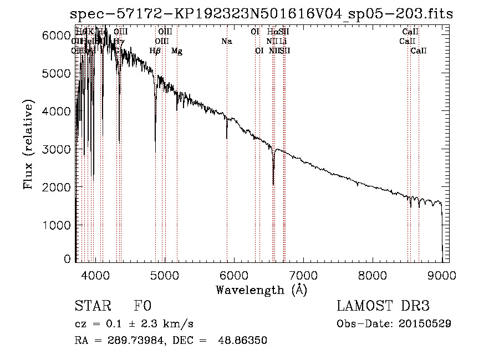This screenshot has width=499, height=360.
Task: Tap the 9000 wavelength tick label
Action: pyautogui.click(x=442, y=275)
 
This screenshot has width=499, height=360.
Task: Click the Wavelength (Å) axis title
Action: pyautogui.click(x=261, y=290)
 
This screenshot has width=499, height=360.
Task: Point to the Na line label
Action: pyautogui.click(x=226, y=41)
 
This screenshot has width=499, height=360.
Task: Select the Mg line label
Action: pyautogui.click(x=176, y=51)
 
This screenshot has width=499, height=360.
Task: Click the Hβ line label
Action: pyautogui.click(x=155, y=51)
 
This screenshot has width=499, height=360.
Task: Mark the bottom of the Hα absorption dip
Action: pyautogui.click(x=273, y=184)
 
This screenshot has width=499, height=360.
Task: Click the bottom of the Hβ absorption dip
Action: pyautogui.click(x=155, y=151)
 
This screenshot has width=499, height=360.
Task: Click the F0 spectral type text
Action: pyautogui.click(x=142, y=307)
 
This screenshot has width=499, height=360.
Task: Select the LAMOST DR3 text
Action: pyautogui.click(x=383, y=307)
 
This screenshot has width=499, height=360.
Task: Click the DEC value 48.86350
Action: pyautogui.click(x=245, y=341)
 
